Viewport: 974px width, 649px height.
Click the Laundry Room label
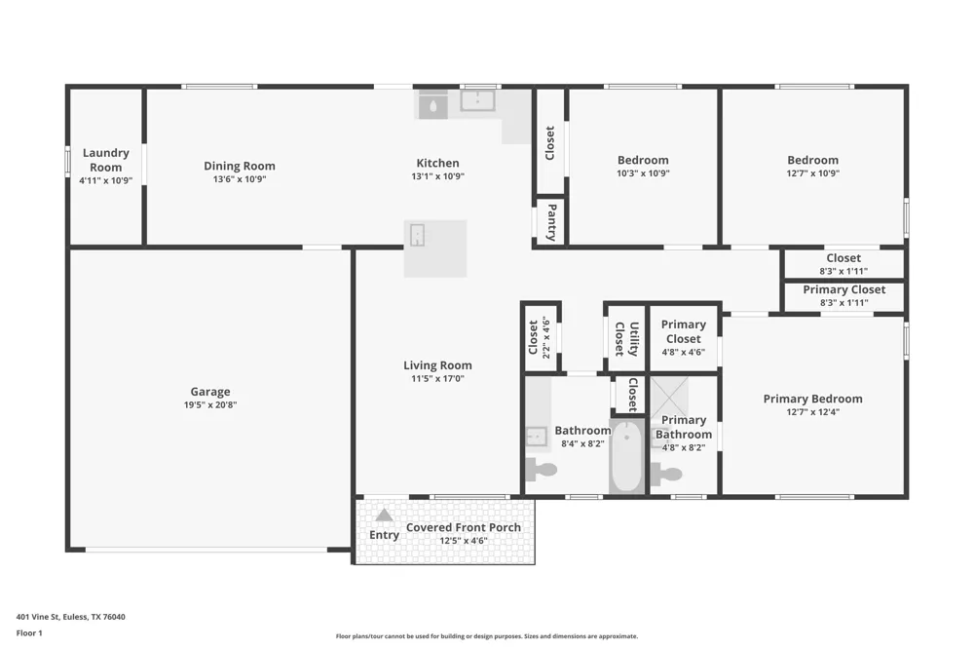pos(105,160)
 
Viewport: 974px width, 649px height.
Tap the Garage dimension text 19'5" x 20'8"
pos(210,404)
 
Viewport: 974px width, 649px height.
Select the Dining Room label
pos(240,166)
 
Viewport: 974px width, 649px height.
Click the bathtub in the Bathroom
pos(626,456)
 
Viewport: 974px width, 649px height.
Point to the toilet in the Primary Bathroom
pos(666,475)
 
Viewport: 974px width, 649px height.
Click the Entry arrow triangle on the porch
pos(384,515)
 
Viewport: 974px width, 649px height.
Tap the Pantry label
pos(551,222)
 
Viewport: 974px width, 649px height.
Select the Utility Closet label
pos(626,339)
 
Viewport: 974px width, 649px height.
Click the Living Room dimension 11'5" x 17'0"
pos(437,378)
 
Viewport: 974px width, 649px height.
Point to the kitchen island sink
pos(418,235)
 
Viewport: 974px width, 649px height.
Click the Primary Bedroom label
pos(812,399)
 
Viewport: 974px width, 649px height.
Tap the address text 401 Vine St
pos(37,617)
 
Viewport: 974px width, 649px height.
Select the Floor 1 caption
pos(29,632)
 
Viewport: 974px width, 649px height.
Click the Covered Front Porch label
pos(464,527)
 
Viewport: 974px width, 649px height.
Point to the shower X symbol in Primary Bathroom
pos(669,397)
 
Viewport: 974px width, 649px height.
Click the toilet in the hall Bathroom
pos(541,470)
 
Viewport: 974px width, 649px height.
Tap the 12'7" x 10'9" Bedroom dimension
pos(812,173)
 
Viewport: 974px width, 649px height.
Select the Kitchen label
pos(437,163)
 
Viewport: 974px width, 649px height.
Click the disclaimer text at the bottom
pos(487,636)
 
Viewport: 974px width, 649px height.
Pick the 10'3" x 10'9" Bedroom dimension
pos(643,173)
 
